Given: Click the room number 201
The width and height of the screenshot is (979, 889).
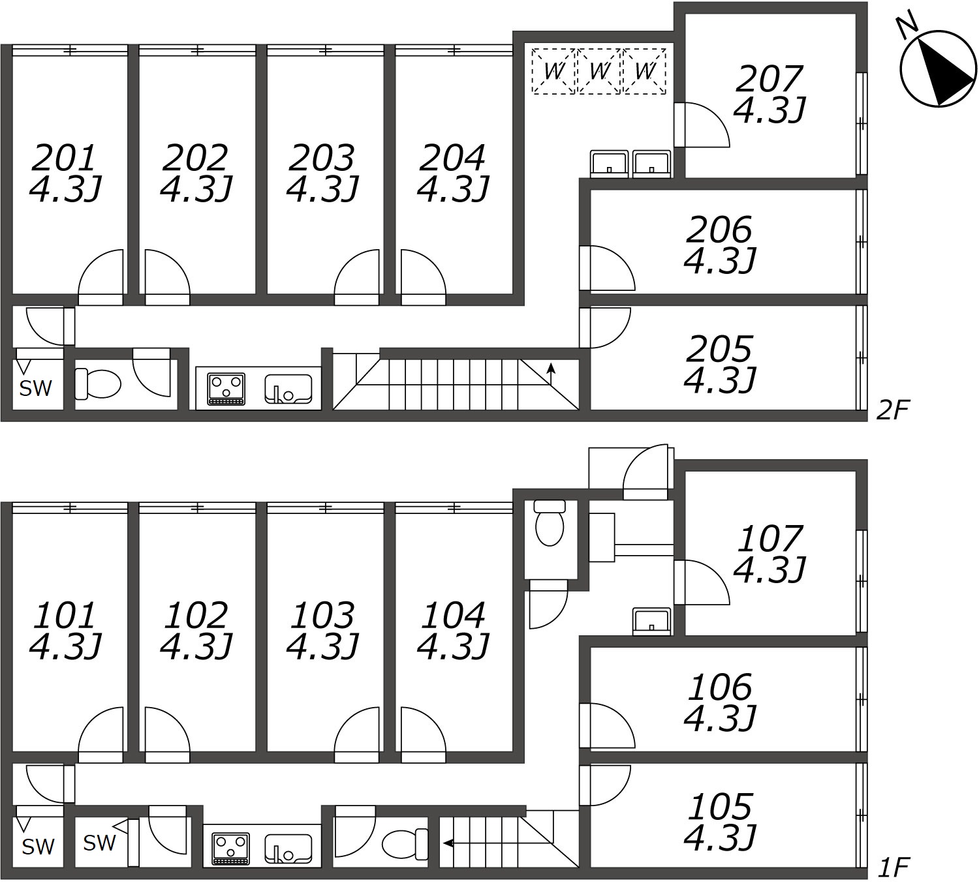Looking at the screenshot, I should [x=65, y=157].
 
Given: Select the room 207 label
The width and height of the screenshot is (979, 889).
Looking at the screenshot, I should [x=769, y=79].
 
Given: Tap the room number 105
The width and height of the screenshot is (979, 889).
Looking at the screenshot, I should [x=721, y=807].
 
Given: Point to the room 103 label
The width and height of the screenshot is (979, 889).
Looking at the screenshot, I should [x=322, y=615].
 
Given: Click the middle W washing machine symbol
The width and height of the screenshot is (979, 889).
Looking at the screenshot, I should [x=599, y=70].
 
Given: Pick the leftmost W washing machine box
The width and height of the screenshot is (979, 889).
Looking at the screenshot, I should [x=553, y=70].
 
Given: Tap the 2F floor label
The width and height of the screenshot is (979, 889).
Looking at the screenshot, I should [x=892, y=410].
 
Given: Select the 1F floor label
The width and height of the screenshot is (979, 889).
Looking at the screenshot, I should [x=892, y=868].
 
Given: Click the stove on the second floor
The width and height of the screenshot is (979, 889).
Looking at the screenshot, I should [x=226, y=388].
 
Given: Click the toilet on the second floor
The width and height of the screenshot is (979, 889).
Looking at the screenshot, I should [x=98, y=384].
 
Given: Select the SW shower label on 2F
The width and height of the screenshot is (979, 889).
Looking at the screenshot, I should [x=35, y=389].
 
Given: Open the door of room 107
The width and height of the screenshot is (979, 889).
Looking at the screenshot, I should [x=702, y=582].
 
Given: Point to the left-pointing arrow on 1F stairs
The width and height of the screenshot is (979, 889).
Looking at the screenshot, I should [x=449, y=843].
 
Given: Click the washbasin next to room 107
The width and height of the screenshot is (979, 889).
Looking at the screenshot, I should [x=652, y=621].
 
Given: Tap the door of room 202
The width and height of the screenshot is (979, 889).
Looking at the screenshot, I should [x=166, y=277].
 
